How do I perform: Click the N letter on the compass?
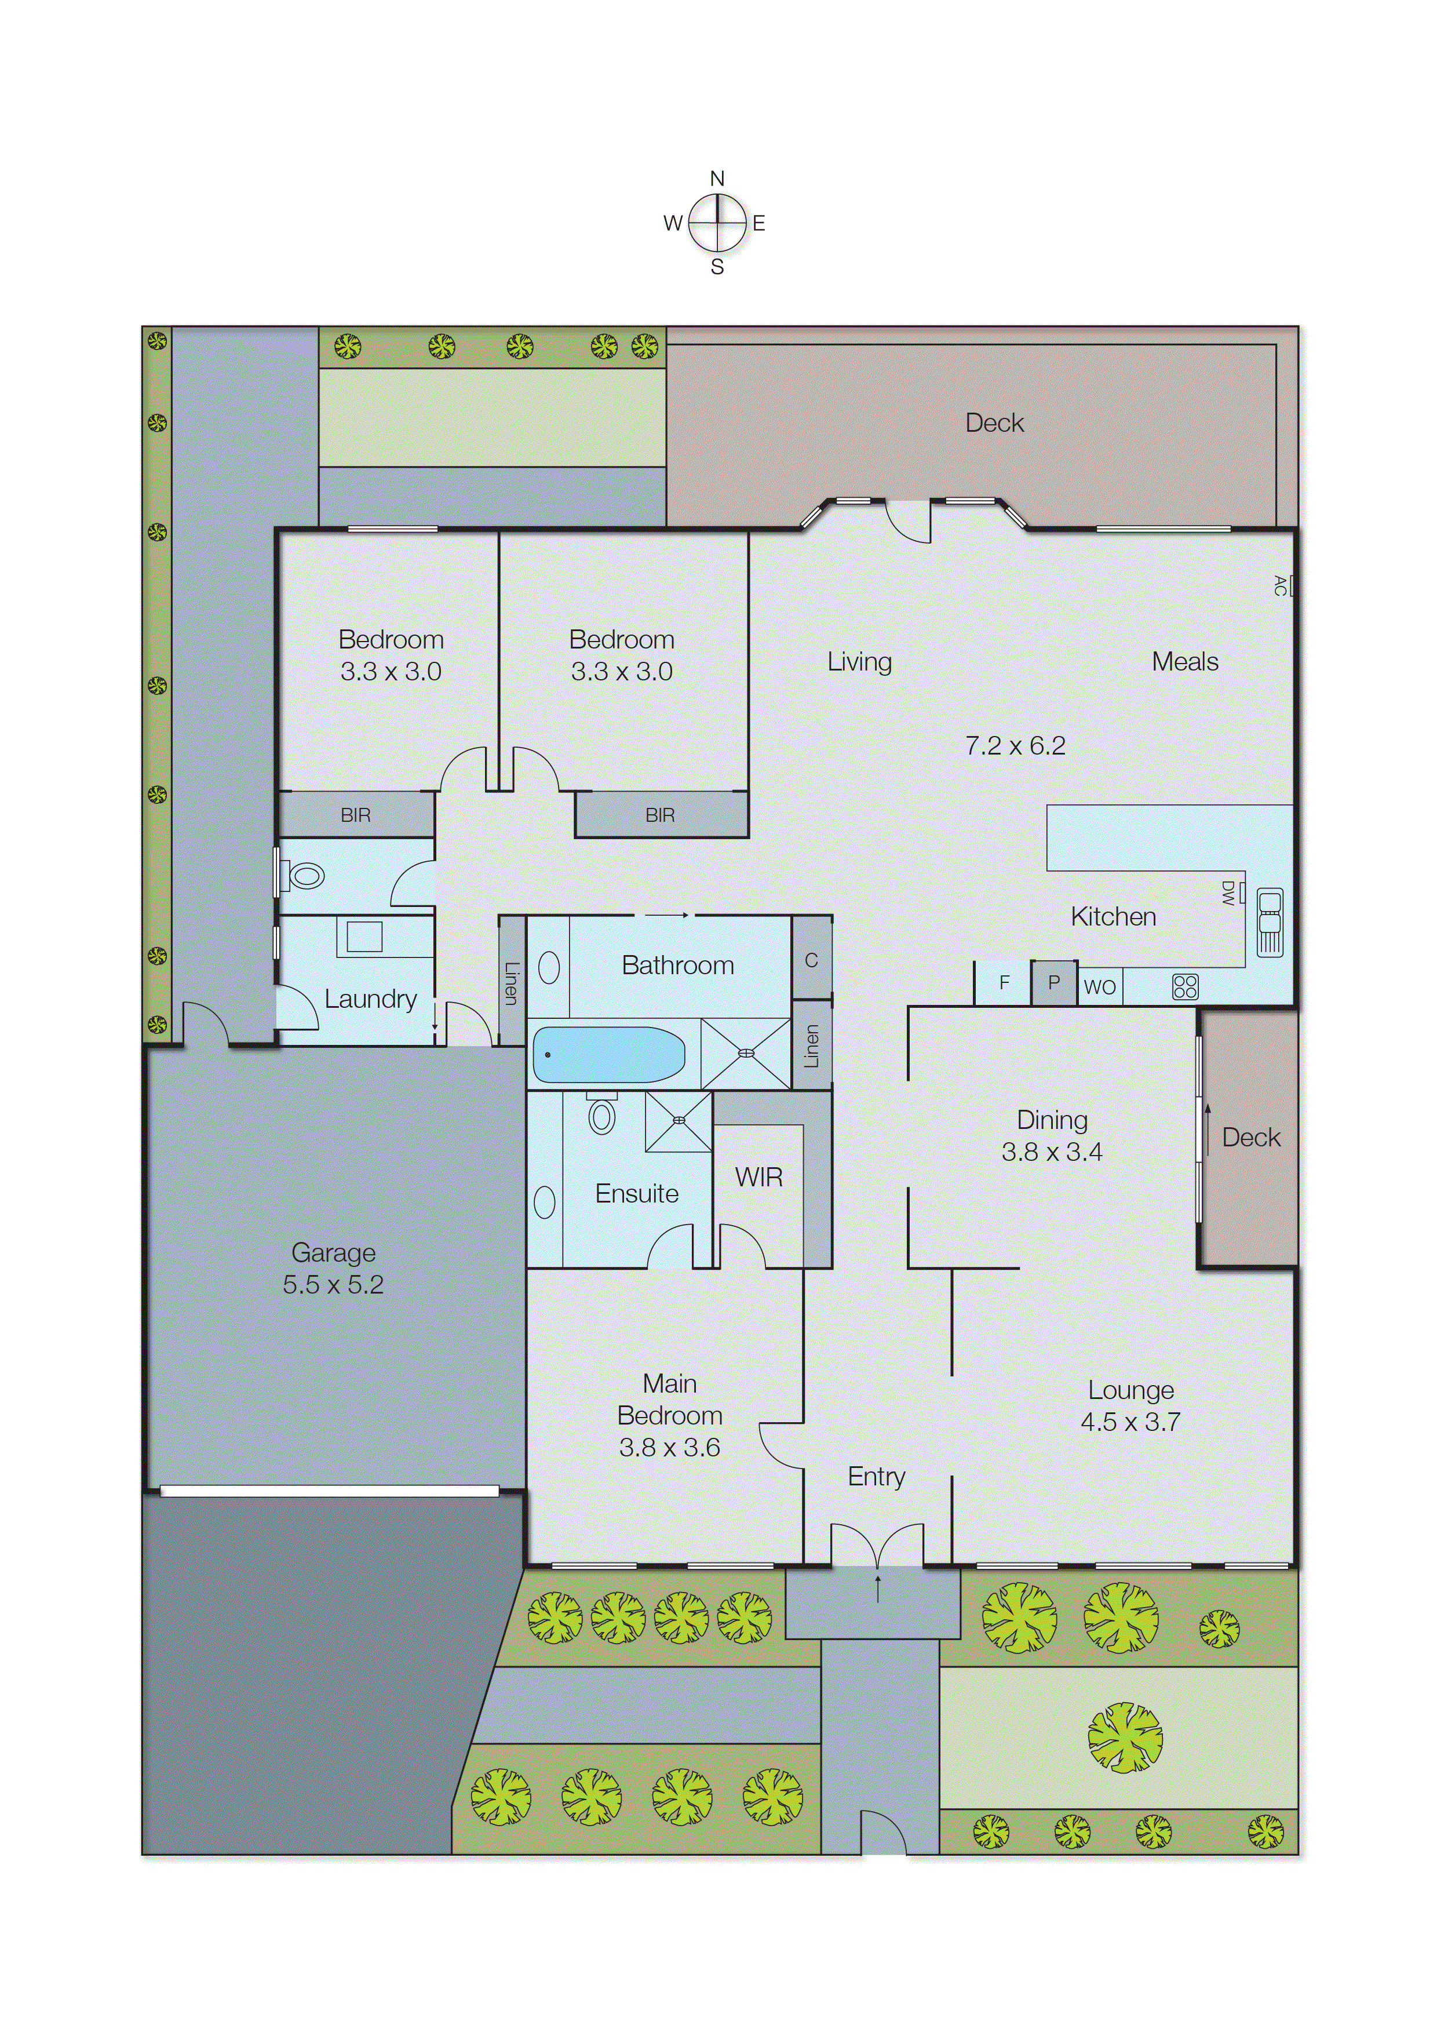pos(717,179)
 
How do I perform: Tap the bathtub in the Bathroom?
pos(609,1054)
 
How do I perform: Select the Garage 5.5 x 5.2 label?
pos(334,1268)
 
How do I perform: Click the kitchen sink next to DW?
pos(1270,922)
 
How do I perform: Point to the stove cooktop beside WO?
pos(1185,986)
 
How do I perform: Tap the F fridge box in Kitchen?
pos(1004,983)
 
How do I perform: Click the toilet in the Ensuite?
pos(601,1116)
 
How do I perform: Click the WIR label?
pos(758,1178)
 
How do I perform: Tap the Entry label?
pos(876,1476)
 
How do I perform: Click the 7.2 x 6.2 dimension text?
pos(1015,746)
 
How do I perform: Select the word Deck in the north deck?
pos(994,423)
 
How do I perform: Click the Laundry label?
pos(370,999)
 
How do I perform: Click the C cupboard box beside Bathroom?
pos(811,960)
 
